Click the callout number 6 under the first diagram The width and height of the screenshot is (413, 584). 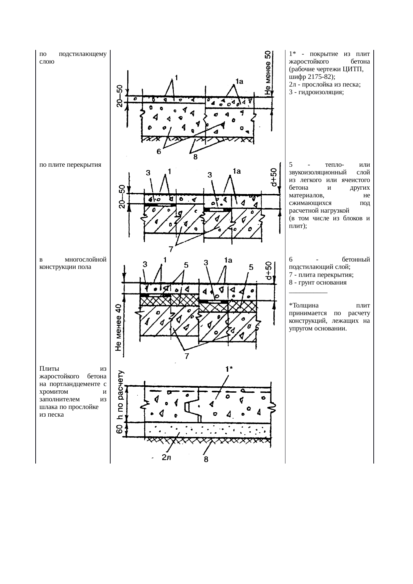[160, 151]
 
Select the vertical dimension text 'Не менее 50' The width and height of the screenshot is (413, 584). [268, 73]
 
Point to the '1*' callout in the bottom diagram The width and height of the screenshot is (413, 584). [229, 369]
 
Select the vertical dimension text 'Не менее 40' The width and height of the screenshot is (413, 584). [118, 327]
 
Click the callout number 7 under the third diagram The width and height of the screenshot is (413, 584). [188, 356]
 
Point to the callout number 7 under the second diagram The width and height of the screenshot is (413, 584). [171, 249]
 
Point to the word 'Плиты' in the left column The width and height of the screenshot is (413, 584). [49, 369]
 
